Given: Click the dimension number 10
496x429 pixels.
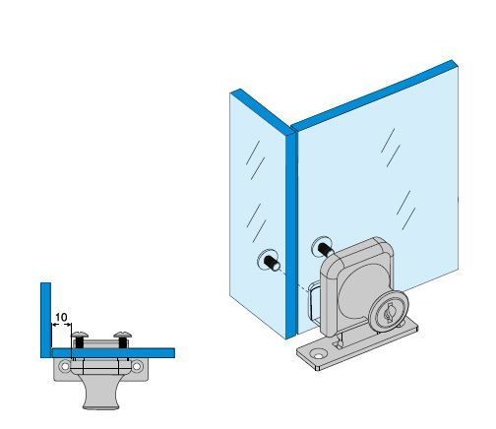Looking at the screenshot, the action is [61, 317].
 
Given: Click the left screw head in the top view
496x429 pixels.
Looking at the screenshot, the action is [80, 335].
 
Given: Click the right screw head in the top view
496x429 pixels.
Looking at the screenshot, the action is [123, 335].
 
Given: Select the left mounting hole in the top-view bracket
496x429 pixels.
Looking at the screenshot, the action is [64, 365].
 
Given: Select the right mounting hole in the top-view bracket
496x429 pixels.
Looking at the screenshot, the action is [137, 365].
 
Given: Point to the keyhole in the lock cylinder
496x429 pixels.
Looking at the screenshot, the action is [390, 313].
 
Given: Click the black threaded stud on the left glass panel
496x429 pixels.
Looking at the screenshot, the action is [273, 263].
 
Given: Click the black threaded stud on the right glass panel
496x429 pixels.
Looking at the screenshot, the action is [326, 250].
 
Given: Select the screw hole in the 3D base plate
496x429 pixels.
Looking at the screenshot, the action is [318, 355].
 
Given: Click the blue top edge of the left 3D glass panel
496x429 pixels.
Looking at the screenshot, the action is [263, 112].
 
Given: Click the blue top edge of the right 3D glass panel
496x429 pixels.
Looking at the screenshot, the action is [374, 95].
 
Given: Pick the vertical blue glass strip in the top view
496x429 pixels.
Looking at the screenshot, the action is [46, 320].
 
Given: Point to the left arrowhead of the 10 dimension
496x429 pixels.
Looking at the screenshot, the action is [54, 325].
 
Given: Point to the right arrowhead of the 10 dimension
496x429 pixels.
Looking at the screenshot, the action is [69, 325].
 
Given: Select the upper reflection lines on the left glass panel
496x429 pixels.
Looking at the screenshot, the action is [255, 160].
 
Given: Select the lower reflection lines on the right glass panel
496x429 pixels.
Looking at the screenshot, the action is [405, 210].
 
